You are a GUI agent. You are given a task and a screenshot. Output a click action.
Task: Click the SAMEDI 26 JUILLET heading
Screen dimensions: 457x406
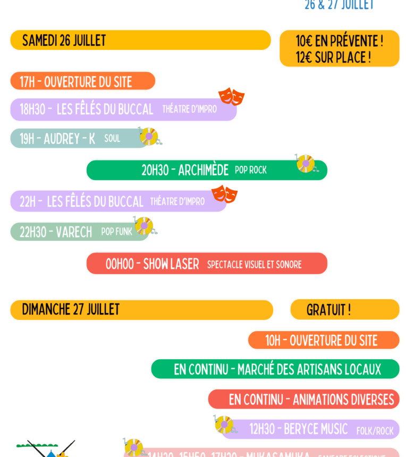[64, 40]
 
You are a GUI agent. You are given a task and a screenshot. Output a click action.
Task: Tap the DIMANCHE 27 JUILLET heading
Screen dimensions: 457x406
[71, 309]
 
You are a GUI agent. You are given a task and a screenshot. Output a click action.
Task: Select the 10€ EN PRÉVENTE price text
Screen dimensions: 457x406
[339, 41]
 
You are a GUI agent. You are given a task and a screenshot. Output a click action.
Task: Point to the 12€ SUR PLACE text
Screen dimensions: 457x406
[333, 57]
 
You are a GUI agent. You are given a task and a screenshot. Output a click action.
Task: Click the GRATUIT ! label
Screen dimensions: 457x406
[328, 310]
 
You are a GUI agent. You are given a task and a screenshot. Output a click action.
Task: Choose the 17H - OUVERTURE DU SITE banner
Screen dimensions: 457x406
[76, 82]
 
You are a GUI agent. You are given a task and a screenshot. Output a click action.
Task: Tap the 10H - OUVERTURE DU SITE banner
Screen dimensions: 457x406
[321, 341]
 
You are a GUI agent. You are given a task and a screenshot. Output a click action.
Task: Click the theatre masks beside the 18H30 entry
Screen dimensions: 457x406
[231, 97]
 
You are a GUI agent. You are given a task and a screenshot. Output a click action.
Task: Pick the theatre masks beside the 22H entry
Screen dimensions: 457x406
[225, 194]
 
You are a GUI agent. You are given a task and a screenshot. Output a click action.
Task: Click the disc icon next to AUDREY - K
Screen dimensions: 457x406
[149, 137]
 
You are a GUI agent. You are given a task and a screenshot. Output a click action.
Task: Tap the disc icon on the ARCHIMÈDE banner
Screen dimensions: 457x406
[305, 164]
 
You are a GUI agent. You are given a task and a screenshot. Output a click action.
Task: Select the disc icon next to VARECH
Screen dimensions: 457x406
[143, 226]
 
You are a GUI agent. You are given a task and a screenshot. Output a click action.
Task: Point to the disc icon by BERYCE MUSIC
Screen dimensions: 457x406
[224, 424]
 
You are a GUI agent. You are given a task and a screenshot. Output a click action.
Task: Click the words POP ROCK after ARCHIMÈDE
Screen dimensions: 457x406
[251, 170]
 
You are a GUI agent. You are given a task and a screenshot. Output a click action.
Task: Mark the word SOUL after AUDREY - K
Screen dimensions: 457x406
[112, 139]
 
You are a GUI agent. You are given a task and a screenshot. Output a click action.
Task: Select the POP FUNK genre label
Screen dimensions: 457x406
[116, 232]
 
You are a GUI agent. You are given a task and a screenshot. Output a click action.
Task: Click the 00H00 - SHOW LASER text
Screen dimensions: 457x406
[152, 264]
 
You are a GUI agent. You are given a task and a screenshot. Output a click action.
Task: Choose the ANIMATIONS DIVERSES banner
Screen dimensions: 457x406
[311, 400]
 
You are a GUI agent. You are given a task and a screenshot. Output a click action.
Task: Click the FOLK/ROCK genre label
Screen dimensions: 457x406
[375, 431]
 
